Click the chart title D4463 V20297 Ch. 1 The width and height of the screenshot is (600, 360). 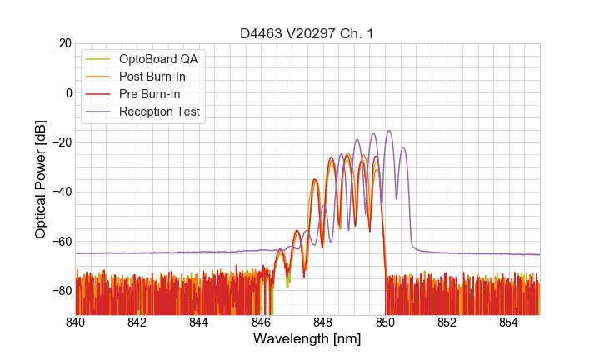307,33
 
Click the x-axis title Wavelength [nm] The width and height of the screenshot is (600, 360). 307,339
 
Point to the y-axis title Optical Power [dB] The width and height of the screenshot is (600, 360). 41,179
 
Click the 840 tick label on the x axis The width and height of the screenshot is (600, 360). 76,322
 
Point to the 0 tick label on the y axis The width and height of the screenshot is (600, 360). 68,92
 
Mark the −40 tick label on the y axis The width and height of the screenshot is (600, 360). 61,192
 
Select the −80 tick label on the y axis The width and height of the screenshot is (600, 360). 61,290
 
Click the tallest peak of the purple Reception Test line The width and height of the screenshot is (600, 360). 388,131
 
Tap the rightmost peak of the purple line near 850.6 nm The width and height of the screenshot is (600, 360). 403,147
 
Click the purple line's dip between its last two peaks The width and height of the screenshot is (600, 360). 397,198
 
